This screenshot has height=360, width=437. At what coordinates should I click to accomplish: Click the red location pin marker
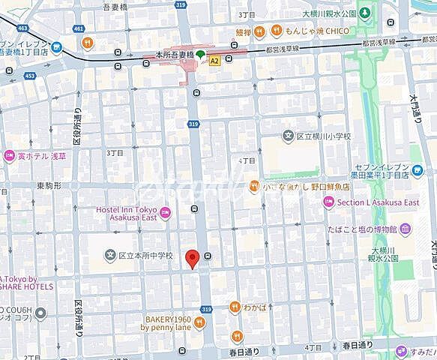pos(192,259)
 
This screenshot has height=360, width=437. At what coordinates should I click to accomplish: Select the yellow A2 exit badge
pos(215,60)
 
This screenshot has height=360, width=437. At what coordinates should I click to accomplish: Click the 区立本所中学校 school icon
pos(111,256)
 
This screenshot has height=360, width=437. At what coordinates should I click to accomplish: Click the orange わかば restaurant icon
pos(235,305)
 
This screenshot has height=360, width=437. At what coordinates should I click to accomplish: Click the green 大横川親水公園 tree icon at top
pos(364,13)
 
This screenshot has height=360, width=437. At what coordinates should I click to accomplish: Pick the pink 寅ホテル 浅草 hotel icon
pos(10,156)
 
